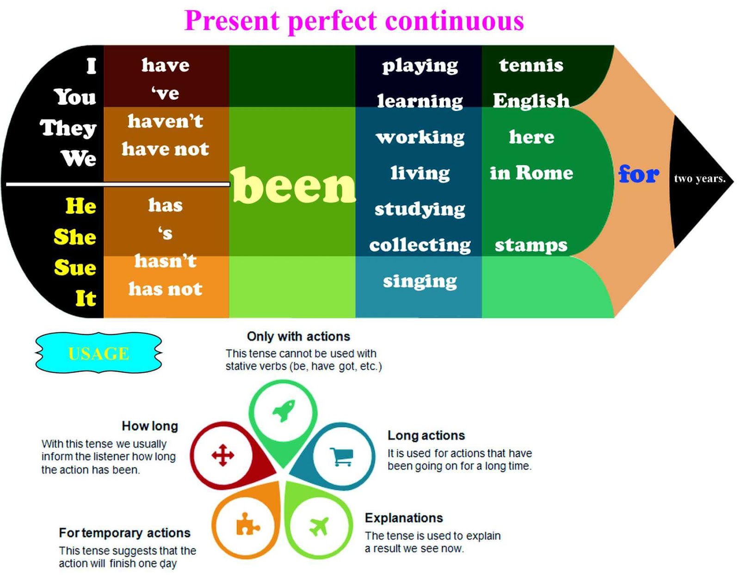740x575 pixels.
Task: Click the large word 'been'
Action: [294, 186]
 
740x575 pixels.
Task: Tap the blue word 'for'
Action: [639, 174]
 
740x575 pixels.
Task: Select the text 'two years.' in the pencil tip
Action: [700, 178]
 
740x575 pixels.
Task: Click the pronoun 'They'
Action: [68, 128]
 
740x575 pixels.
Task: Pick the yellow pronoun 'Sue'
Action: [75, 268]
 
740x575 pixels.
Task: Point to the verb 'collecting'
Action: [420, 245]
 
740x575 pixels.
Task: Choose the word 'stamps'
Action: [531, 245]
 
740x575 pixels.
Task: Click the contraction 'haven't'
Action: [166, 121]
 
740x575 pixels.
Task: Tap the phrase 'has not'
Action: [166, 289]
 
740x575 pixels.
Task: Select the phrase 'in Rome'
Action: [531, 173]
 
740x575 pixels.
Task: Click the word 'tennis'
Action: [531, 65]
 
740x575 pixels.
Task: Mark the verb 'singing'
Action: [420, 281]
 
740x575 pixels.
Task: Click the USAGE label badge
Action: [99, 353]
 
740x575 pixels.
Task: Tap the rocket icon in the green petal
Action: [284, 410]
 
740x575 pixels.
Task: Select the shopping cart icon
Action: [342, 456]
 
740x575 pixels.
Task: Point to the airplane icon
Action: [319, 526]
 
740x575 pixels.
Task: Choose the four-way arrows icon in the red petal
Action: [223, 455]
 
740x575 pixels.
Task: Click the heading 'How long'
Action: [150, 426]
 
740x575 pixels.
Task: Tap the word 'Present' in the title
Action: [232, 21]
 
